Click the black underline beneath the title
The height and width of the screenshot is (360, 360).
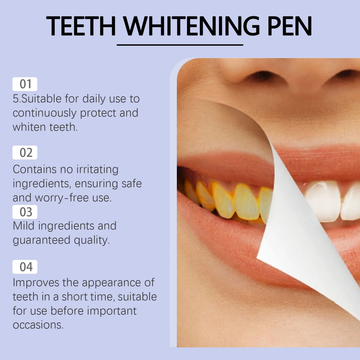pos(180,45)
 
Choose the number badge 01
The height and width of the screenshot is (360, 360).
pos(25,84)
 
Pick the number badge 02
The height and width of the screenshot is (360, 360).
pos(25,153)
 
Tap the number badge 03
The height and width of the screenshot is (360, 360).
pos(25,212)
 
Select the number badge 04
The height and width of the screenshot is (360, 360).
pos(25,267)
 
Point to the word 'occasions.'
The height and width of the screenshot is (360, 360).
pos(38,324)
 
